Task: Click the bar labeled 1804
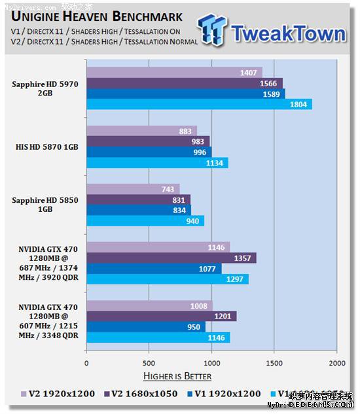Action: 199,105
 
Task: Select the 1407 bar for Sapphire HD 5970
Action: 174,73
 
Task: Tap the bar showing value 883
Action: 141,131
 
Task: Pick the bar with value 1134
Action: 157,163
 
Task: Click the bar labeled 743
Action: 133,189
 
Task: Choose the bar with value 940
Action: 145,221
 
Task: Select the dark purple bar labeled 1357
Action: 171,258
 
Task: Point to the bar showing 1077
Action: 154,268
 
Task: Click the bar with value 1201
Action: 161,317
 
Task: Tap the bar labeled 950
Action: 146,327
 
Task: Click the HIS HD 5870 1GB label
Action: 46,147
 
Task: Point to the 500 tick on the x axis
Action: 149,362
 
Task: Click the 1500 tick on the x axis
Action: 274,362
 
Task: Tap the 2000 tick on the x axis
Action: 336,362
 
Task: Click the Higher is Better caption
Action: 177,376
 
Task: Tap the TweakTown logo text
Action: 288,33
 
